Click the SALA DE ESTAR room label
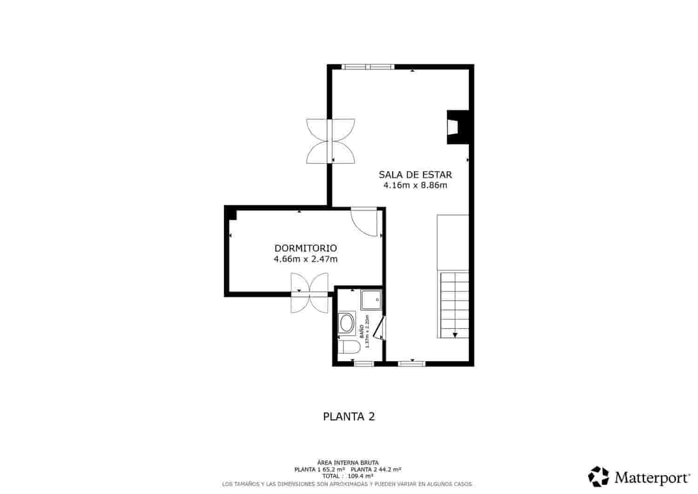[415, 175]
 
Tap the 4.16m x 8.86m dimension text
[415, 185]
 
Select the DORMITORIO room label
[305, 249]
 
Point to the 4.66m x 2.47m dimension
[305, 259]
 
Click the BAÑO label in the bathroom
[362, 331]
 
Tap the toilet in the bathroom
[349, 347]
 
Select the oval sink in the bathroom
[347, 323]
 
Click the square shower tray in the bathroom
[371, 300]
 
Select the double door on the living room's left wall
[330, 141]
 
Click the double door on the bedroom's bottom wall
[309, 293]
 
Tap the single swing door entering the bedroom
[365, 222]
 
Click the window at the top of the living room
[368, 67]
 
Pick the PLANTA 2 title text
[349, 417]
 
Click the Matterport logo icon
[598, 477]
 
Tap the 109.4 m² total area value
[361, 476]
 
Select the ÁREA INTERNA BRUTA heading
[348, 462]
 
